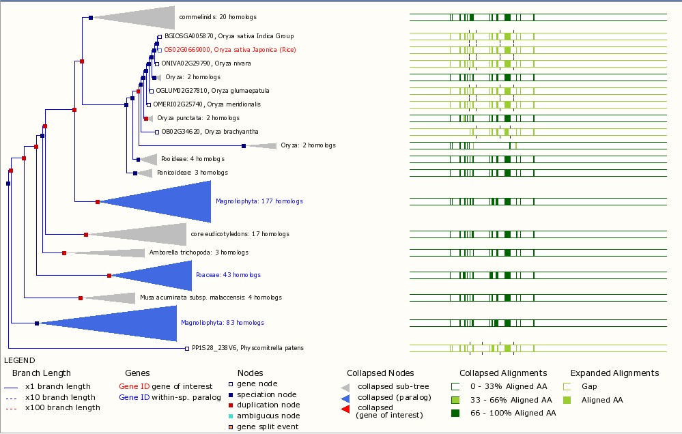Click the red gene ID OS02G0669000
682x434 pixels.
[x=187, y=50]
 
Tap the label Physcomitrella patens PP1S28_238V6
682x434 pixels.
[x=248, y=348]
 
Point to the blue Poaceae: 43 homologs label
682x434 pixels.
[x=228, y=275]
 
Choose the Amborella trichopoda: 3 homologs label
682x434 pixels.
[x=199, y=252]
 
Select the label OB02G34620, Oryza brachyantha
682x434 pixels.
[x=210, y=132]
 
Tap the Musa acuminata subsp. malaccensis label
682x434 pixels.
[x=211, y=298]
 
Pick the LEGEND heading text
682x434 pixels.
[x=20, y=360]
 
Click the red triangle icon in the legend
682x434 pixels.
[x=345, y=409]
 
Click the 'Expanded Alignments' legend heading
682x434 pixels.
[x=614, y=373]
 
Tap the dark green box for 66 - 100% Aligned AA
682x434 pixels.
[x=455, y=413]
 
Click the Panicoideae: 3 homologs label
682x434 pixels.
[x=193, y=173]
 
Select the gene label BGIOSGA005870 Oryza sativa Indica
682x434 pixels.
[x=229, y=36]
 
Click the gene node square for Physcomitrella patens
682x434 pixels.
[x=187, y=348]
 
